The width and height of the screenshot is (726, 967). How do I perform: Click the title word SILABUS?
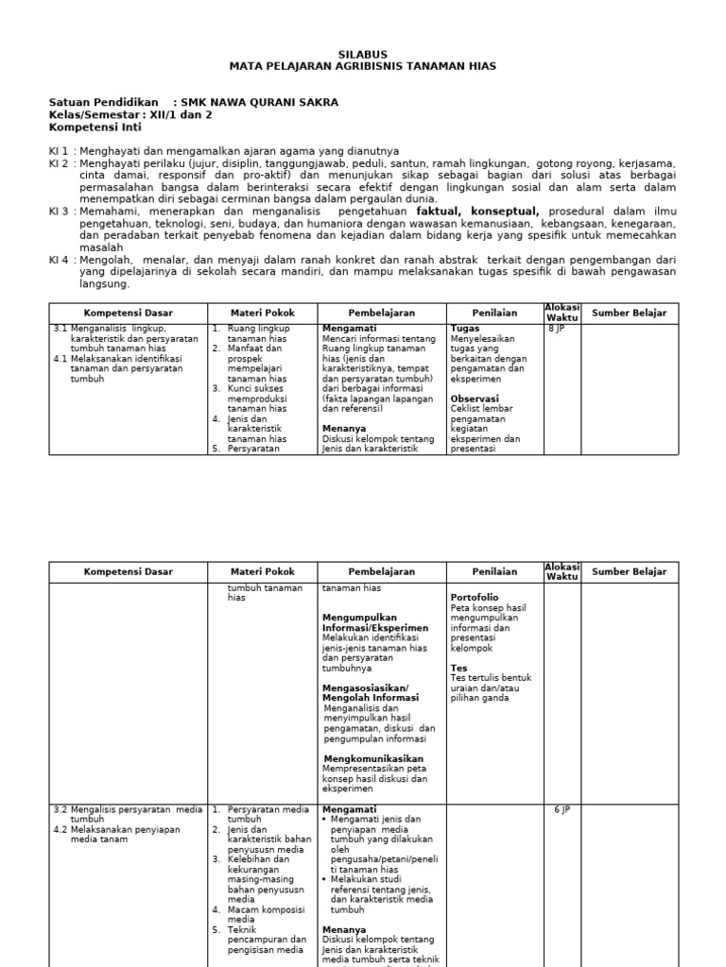coord(362,55)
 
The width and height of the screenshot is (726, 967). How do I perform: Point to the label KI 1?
coord(59,150)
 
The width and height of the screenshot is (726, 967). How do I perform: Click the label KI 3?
coord(59,212)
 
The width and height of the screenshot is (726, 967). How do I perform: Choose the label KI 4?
coord(59,260)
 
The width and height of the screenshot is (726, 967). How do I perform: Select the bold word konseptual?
coord(508,212)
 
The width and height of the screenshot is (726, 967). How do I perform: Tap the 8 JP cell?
coord(557,329)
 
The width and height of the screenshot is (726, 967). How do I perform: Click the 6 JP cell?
coord(563,809)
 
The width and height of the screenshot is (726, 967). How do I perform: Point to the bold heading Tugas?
coord(465,329)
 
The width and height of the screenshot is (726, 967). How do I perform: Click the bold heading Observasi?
coord(475,399)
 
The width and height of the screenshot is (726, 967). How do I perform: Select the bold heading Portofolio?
coord(475,598)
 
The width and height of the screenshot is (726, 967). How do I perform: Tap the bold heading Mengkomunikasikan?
coord(373,758)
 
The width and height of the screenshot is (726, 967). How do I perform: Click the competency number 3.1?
coord(60,329)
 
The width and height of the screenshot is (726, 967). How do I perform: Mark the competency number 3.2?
coord(60,809)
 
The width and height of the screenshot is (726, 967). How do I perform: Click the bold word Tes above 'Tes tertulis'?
coord(458,668)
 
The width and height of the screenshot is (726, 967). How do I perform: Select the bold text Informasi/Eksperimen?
coord(375,628)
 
